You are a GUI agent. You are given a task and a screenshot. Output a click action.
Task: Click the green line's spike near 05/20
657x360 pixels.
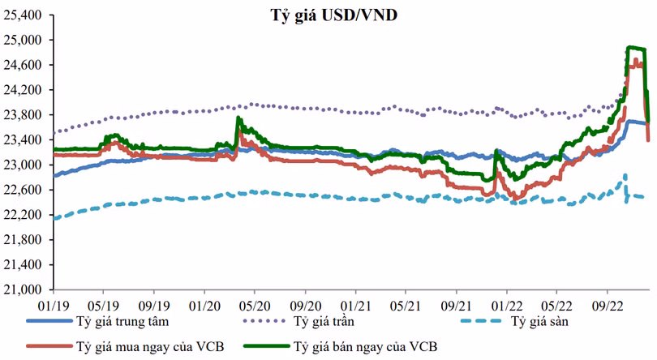click(238, 118)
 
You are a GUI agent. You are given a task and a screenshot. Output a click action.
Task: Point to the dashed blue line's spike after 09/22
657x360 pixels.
click(625, 175)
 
